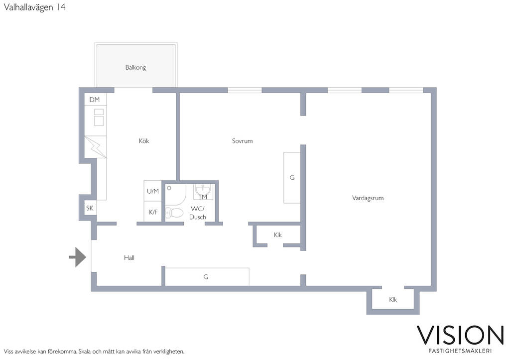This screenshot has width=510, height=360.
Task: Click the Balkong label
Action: [x=135, y=67]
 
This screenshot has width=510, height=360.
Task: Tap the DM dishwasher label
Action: [x=94, y=100]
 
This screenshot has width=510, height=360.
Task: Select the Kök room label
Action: [x=144, y=141]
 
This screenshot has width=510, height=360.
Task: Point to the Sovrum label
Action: [x=242, y=141]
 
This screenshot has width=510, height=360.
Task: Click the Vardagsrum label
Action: [x=368, y=198]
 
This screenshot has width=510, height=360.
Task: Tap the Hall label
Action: [x=129, y=257]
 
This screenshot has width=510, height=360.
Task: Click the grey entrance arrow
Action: [x=77, y=257]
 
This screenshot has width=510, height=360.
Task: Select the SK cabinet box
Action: [x=90, y=208]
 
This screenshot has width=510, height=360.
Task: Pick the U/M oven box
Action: [x=152, y=191]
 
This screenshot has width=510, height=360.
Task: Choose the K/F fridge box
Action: [x=153, y=212]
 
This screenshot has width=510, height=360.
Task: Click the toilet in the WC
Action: [x=174, y=213]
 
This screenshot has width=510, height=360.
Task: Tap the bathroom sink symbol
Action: [x=203, y=191]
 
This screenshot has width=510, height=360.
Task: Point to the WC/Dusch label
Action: [x=197, y=213]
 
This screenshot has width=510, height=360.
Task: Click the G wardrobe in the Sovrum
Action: [x=292, y=178]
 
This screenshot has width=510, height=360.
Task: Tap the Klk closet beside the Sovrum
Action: [x=277, y=235]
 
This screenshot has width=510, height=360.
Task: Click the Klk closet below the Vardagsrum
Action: [x=393, y=299]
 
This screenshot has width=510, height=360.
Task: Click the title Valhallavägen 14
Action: [x=34, y=7]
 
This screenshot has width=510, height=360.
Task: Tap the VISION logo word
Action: [x=460, y=335]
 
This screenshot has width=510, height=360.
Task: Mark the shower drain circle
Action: [x=169, y=188]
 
